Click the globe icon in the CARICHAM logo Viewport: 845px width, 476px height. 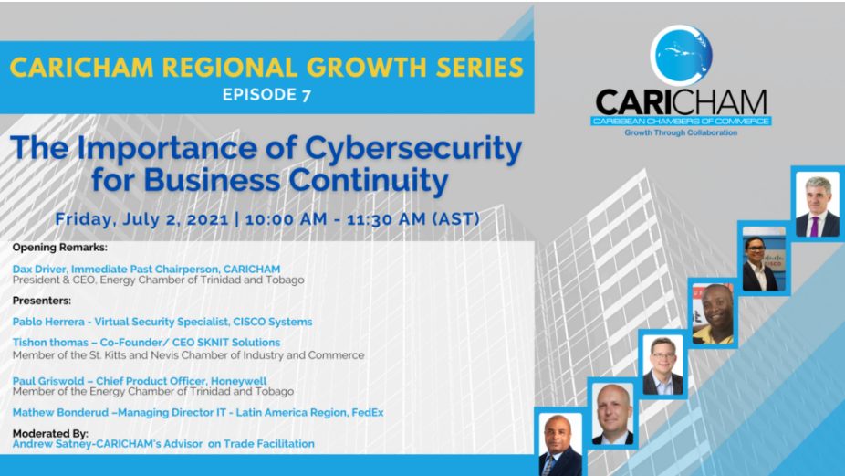pyautogui.click(x=681, y=55)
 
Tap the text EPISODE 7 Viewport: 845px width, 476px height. pyautogui.click(x=266, y=95)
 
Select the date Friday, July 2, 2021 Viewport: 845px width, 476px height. pyautogui.click(x=141, y=219)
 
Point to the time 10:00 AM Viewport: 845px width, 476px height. pyautogui.click(x=286, y=219)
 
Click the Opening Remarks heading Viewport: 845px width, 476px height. pyautogui.click(x=60, y=248)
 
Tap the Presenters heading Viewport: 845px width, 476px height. pyautogui.click(x=41, y=300)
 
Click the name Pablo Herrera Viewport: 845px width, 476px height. pyautogui.click(x=48, y=322)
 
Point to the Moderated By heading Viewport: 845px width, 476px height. pyautogui.click(x=50, y=433)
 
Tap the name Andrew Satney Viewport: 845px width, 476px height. pyautogui.click(x=47, y=444)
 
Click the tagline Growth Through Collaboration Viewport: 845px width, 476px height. pyautogui.click(x=681, y=132)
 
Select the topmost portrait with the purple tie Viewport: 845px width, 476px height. pyautogui.click(x=818, y=205)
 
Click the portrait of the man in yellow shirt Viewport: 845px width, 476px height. pyautogui.click(x=713, y=313)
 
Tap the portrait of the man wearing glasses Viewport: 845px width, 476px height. pyautogui.click(x=662, y=365)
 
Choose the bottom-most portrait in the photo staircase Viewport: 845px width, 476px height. pyautogui.click(x=560, y=444)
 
